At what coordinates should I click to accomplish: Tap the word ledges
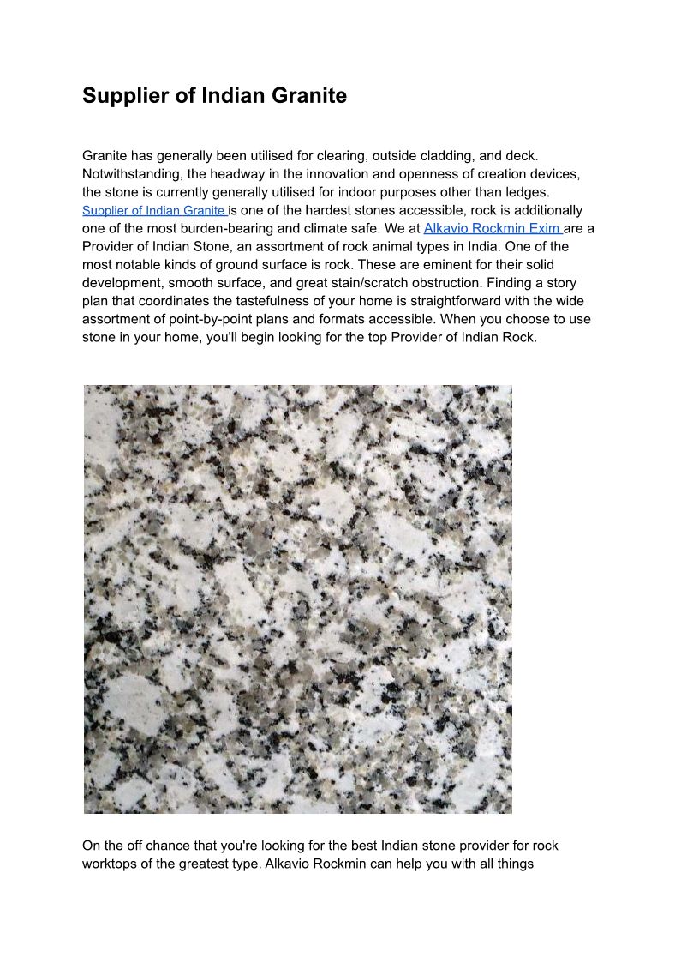coord(526,191)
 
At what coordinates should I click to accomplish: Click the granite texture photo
coord(297,599)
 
